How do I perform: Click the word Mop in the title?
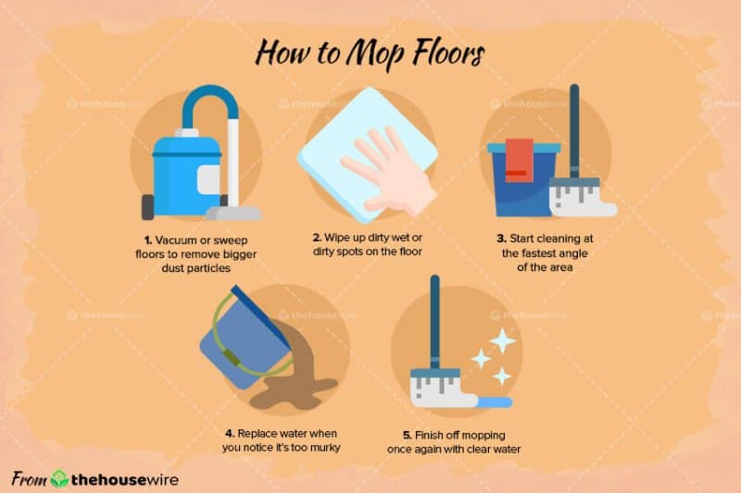point(375,54)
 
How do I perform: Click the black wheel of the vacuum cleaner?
point(147,207)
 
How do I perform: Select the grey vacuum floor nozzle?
point(233,214)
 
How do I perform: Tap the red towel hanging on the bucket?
point(520,160)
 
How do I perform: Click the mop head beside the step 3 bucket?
point(583,197)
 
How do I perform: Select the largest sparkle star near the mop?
point(502,340)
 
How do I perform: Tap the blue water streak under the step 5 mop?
point(495,402)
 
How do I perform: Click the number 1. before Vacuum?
point(148,240)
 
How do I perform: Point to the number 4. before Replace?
point(230,434)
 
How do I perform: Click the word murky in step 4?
point(326,448)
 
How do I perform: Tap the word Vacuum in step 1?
point(176,240)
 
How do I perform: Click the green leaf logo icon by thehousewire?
point(59,479)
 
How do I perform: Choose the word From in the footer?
point(30,479)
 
